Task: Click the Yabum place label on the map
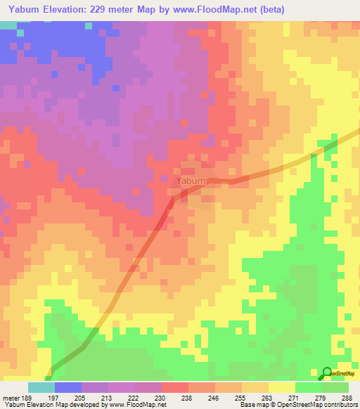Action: pos(191,181)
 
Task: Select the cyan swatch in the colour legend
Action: pos(41,387)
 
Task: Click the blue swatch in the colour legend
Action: pos(68,387)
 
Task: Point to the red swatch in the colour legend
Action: pos(175,387)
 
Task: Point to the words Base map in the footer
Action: pos(252,405)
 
